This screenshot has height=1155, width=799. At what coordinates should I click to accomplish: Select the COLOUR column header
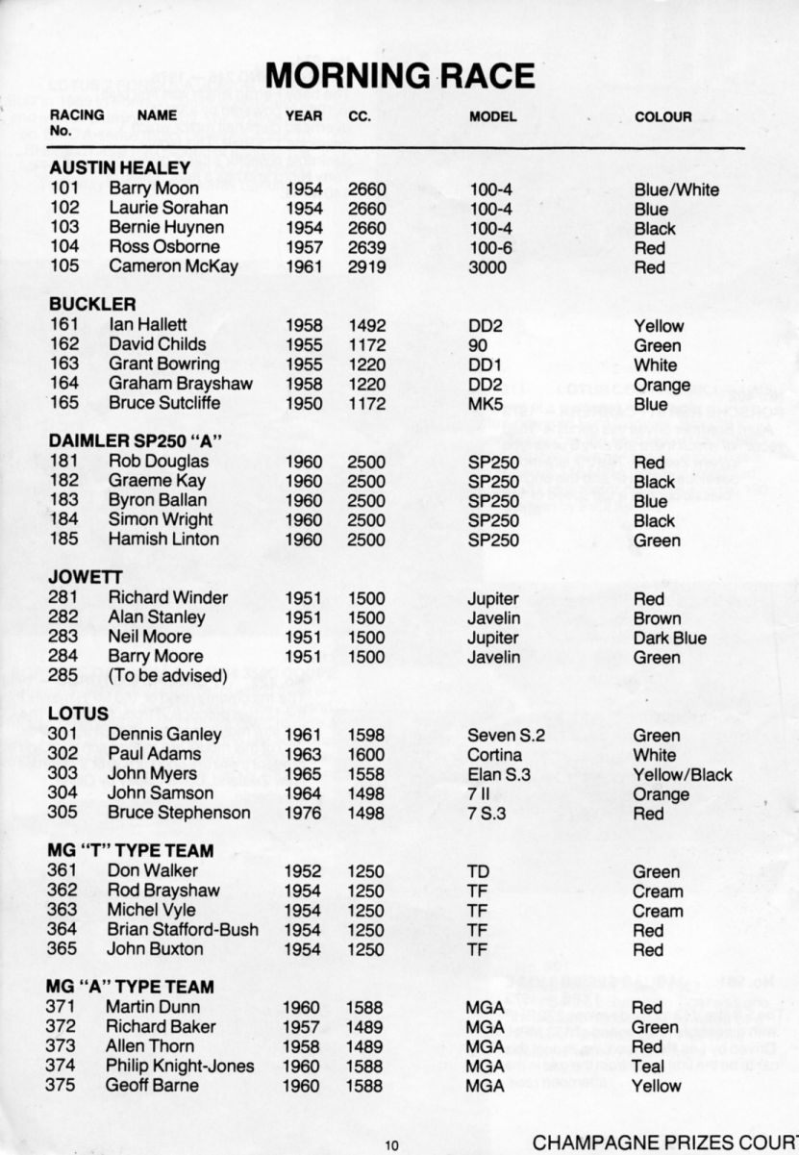(x=662, y=117)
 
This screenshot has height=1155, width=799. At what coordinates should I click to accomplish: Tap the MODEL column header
(x=493, y=117)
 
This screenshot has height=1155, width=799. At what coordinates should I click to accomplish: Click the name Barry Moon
(x=154, y=189)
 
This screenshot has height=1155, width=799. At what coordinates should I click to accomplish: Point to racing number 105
(x=64, y=267)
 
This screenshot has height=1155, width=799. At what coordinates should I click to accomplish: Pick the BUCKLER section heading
(x=92, y=305)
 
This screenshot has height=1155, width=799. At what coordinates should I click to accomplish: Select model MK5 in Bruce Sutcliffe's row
(x=486, y=404)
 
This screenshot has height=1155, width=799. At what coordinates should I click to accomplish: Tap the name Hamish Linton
(x=163, y=540)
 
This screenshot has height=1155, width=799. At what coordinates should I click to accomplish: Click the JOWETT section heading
(x=85, y=578)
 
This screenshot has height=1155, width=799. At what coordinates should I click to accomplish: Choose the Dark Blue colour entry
(x=669, y=638)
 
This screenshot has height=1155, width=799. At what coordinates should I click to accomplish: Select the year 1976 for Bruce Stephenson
(x=304, y=814)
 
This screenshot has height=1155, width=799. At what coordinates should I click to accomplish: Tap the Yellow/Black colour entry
(x=682, y=774)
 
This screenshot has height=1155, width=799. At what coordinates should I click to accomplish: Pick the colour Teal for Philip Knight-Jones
(x=648, y=1066)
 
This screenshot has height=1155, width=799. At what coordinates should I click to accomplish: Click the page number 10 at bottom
(x=391, y=1144)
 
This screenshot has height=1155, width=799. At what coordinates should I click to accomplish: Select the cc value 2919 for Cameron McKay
(x=366, y=267)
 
